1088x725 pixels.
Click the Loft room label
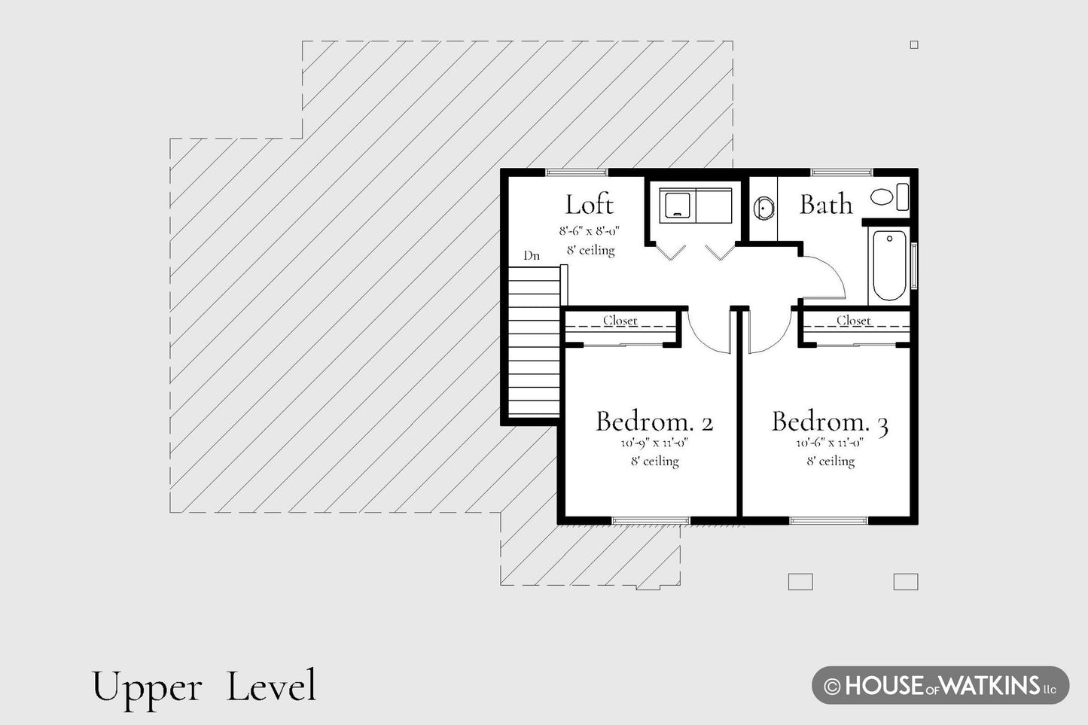pos(589,205)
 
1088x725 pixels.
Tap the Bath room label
pos(826,205)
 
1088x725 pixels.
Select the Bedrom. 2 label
pos(655,421)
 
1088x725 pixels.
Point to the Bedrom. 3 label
pos(830,422)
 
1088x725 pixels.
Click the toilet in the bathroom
pos(889,196)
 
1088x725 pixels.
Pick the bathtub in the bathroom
pos(889,265)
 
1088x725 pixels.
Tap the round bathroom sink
pos(763,209)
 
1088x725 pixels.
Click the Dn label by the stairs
pos(532,255)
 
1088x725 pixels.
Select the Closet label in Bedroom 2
pos(620,321)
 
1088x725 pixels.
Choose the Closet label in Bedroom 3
pos(853,321)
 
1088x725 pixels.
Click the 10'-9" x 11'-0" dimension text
pos(654,443)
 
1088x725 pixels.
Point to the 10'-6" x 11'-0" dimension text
pos(830,443)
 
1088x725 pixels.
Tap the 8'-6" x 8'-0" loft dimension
pos(589,231)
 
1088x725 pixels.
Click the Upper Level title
pos(204,687)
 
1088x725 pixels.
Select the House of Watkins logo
pos(940,685)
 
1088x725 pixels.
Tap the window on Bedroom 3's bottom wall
pos(829,521)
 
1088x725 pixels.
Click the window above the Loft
pos(577,172)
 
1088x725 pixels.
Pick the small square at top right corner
pos(914,45)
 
